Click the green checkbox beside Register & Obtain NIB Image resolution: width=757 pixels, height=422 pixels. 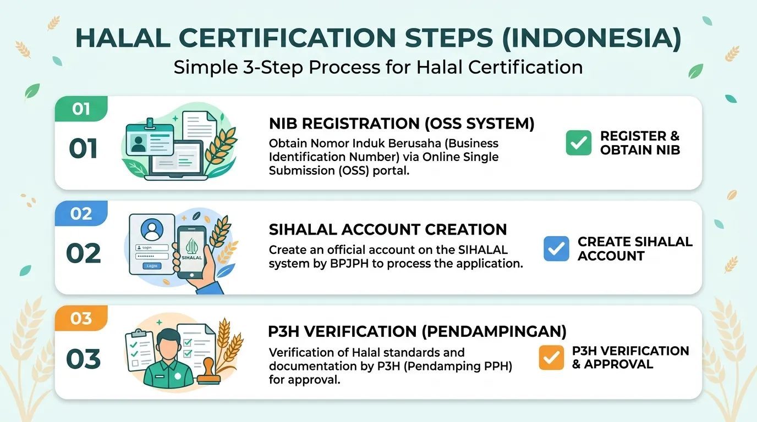click(x=579, y=143)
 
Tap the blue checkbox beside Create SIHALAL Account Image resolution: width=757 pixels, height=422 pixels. click(x=556, y=248)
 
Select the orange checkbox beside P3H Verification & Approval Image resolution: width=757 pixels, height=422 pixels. click(x=551, y=358)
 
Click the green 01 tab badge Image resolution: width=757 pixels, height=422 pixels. click(x=81, y=109)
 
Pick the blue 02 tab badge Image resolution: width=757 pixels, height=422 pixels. click(x=81, y=213)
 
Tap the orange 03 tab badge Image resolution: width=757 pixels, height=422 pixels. click(x=81, y=318)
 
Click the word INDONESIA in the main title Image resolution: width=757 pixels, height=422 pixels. click(x=592, y=38)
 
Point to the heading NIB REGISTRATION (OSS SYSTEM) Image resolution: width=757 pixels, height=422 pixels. click(x=402, y=124)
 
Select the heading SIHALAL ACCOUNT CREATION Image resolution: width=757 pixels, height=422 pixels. click(x=388, y=230)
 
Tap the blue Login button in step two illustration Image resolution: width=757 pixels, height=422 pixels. click(x=152, y=266)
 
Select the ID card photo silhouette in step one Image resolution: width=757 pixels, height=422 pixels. click(x=138, y=144)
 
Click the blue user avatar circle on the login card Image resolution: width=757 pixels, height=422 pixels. click(x=152, y=230)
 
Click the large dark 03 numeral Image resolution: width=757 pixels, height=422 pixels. click(x=84, y=359)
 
